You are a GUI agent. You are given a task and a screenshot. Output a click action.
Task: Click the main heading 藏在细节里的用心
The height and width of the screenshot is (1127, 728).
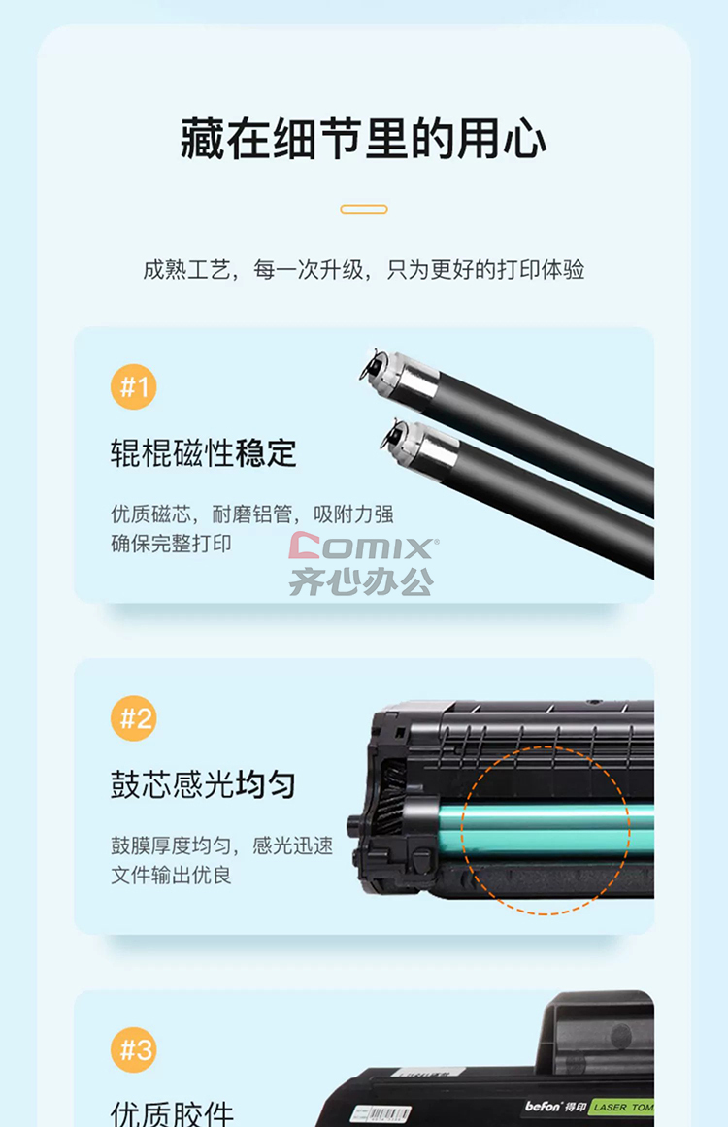point(364,138)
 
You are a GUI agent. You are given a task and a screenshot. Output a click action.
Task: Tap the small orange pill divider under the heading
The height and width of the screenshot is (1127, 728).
point(364,209)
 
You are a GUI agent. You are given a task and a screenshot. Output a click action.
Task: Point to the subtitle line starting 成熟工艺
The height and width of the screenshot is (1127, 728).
point(364,270)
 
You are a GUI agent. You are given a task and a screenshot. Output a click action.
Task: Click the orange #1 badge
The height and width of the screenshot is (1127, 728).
point(134,386)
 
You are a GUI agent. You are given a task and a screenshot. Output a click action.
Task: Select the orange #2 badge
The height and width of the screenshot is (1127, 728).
point(134,718)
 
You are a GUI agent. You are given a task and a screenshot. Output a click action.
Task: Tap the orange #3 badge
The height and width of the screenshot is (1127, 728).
point(134,1049)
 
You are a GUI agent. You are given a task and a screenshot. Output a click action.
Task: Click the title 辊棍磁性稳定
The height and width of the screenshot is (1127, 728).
point(204,453)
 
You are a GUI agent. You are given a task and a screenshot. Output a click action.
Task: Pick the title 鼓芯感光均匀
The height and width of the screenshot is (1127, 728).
point(204,784)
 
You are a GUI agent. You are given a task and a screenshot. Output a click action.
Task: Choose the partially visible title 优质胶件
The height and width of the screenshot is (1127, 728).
point(173,1113)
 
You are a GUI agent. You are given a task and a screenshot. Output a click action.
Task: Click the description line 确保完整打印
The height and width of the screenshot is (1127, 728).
point(171,544)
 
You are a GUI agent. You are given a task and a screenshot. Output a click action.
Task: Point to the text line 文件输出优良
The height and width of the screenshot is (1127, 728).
point(171,875)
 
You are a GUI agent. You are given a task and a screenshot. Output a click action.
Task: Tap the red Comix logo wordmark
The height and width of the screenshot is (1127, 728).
point(363,547)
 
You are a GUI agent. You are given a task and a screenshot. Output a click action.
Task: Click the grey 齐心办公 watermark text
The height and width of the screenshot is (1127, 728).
point(361,581)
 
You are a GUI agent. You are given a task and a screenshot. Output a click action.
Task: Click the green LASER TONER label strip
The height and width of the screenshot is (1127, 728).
point(622,1108)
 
